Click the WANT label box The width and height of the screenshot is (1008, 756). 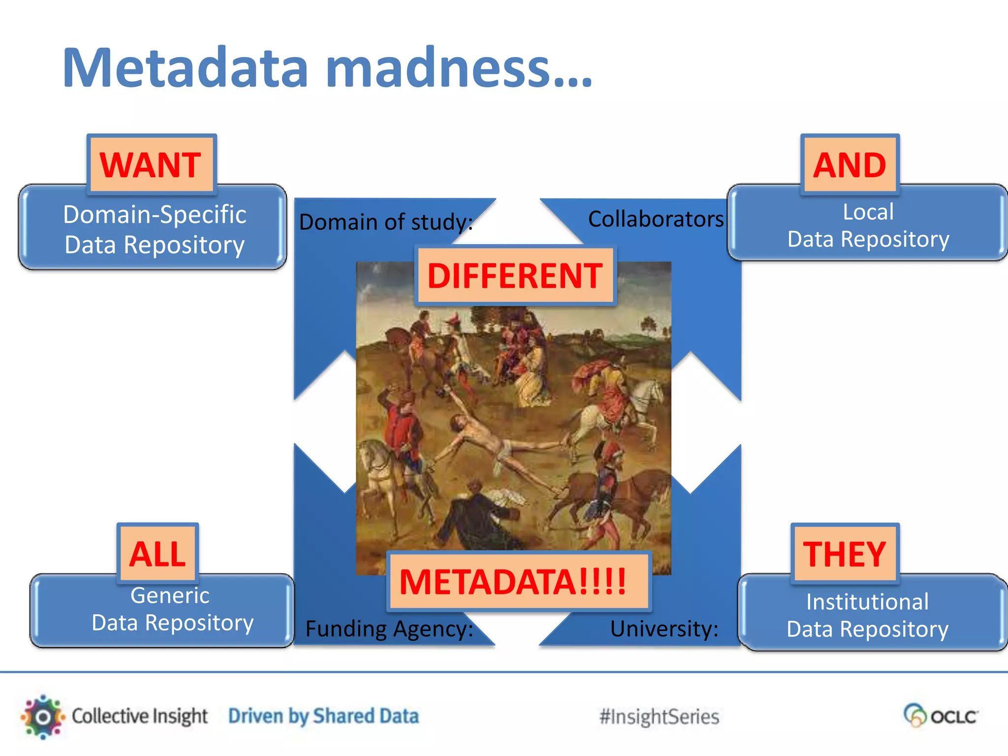click(x=151, y=164)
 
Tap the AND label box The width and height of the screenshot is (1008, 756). click(x=850, y=164)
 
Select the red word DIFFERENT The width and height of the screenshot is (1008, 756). click(x=515, y=276)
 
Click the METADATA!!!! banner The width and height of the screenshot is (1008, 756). click(x=513, y=582)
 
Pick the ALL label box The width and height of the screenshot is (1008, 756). click(x=157, y=554)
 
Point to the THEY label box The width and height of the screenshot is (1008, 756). click(x=845, y=554)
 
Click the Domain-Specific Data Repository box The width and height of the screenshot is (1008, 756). click(x=154, y=230)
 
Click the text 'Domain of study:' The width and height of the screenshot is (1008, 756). click(x=386, y=222)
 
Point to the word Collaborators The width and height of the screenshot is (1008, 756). click(x=656, y=219)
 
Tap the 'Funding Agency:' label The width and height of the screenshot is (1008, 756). click(x=389, y=629)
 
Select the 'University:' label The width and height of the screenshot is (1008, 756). click(x=664, y=629)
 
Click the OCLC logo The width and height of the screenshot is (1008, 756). click(x=941, y=716)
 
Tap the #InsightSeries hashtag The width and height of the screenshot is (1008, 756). click(x=659, y=717)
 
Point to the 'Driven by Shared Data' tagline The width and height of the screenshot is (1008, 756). click(x=323, y=716)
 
